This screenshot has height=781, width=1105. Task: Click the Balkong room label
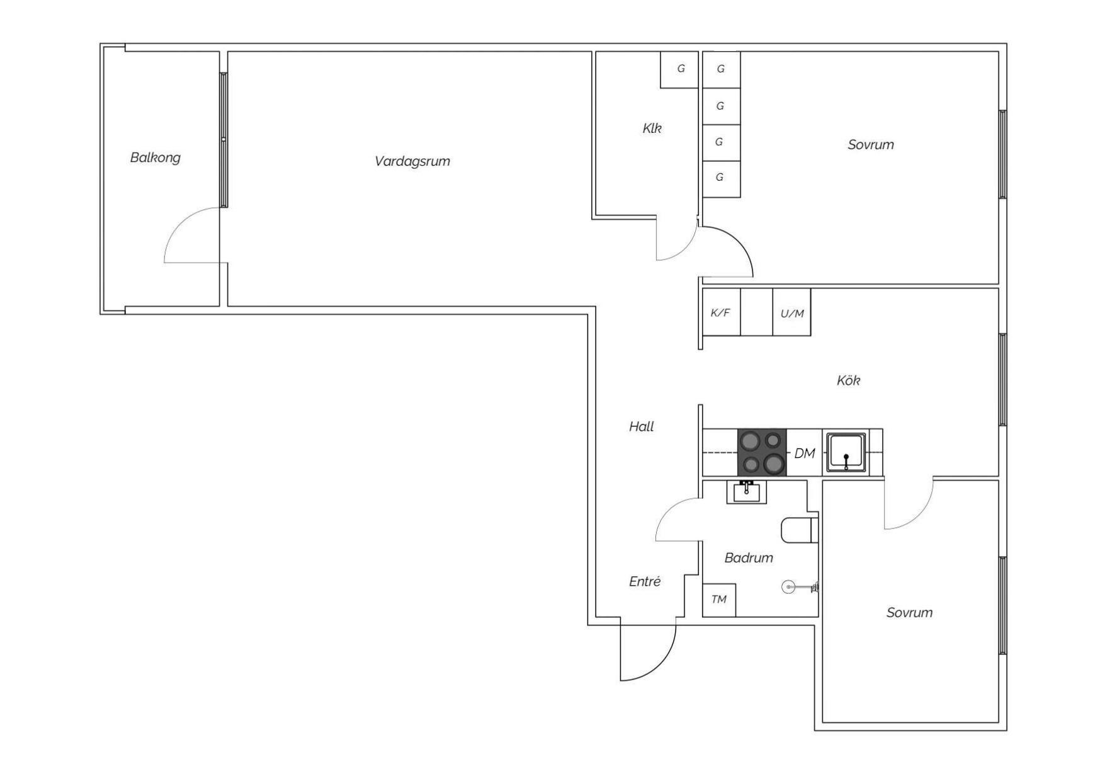click(x=155, y=157)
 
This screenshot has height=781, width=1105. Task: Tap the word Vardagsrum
click(x=412, y=161)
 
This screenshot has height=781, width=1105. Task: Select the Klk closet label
click(x=652, y=128)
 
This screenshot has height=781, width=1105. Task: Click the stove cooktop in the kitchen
click(x=762, y=452)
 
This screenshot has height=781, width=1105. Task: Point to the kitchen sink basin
click(x=846, y=452)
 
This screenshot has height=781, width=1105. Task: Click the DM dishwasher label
click(x=805, y=453)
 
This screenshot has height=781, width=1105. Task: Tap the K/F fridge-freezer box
click(x=721, y=312)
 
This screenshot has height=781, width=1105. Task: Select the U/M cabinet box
click(x=792, y=312)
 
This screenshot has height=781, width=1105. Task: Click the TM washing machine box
click(x=719, y=600)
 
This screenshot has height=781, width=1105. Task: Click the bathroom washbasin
click(x=747, y=492)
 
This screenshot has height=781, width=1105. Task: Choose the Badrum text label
click(x=749, y=558)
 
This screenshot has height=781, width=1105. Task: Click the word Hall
click(x=642, y=427)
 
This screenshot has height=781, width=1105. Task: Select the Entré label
click(x=645, y=581)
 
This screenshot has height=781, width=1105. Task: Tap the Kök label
click(x=848, y=380)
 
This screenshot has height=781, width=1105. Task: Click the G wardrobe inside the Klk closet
click(x=679, y=69)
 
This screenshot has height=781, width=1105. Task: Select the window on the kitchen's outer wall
click(x=1003, y=380)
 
